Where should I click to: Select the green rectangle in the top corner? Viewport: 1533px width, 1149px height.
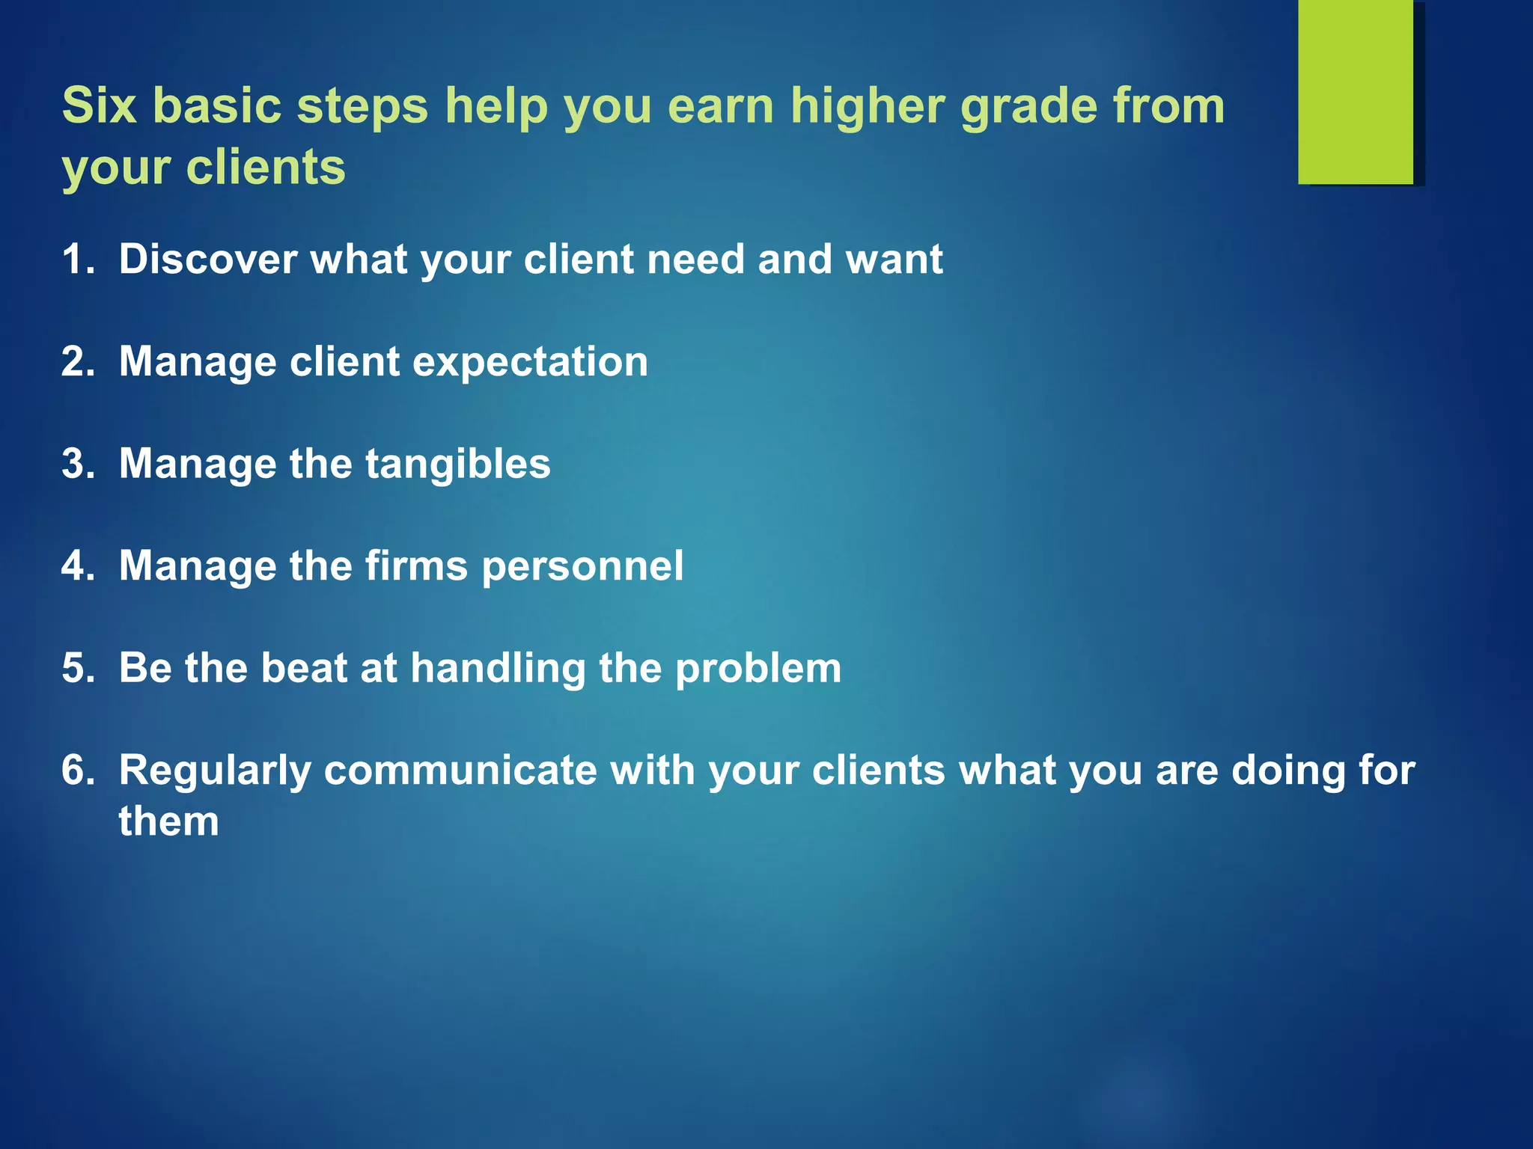pyautogui.click(x=1355, y=91)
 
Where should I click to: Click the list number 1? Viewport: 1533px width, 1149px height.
pyautogui.click(x=78, y=260)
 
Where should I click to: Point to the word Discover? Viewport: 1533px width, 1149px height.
pyautogui.click(x=208, y=260)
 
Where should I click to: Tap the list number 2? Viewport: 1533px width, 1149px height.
pyautogui.click(x=78, y=362)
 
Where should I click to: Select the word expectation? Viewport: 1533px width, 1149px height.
pyautogui.click(x=530, y=362)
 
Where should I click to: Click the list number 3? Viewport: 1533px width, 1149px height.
pyautogui.click(x=78, y=464)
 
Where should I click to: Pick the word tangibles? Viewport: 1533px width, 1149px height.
pyautogui.click(x=457, y=464)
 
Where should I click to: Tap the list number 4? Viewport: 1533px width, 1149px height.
pyautogui.click(x=78, y=566)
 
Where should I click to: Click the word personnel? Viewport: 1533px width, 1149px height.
pyautogui.click(x=582, y=566)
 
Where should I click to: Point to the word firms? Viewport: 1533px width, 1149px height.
pyautogui.click(x=416, y=566)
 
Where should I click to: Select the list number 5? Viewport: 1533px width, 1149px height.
pyautogui.click(x=78, y=668)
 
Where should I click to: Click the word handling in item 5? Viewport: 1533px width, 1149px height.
pyautogui.click(x=498, y=668)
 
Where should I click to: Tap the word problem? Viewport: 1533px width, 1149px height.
pyautogui.click(x=758, y=668)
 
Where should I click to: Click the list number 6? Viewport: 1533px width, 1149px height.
pyautogui.click(x=78, y=770)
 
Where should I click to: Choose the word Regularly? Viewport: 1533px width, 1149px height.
pyautogui.click(x=215, y=770)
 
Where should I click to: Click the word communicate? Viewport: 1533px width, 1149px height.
pyautogui.click(x=460, y=770)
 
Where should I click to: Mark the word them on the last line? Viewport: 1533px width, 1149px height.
pyautogui.click(x=169, y=821)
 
